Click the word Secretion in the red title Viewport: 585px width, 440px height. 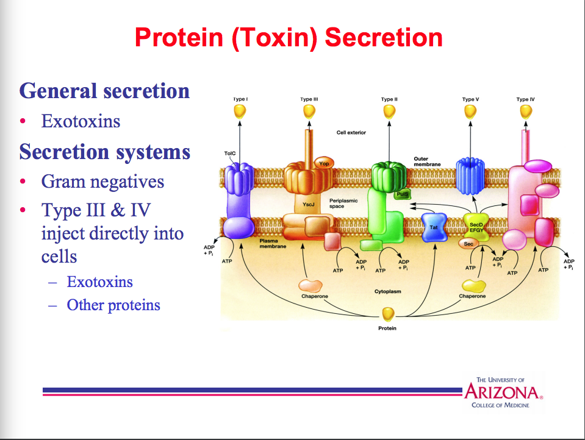(384, 37)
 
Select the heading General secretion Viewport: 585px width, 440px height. (104, 91)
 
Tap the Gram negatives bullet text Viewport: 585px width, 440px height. (102, 182)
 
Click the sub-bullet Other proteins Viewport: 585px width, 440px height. (113, 305)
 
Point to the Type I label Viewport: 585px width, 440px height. (240, 99)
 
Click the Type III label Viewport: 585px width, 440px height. (309, 99)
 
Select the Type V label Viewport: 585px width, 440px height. (470, 99)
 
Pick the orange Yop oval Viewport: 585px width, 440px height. (323, 163)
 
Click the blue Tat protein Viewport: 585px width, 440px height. (434, 227)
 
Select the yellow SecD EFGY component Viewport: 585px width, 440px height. (476, 226)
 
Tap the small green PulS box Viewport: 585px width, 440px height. (401, 194)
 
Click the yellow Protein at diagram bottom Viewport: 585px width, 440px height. (388, 314)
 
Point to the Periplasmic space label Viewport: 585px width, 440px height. (344, 203)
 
